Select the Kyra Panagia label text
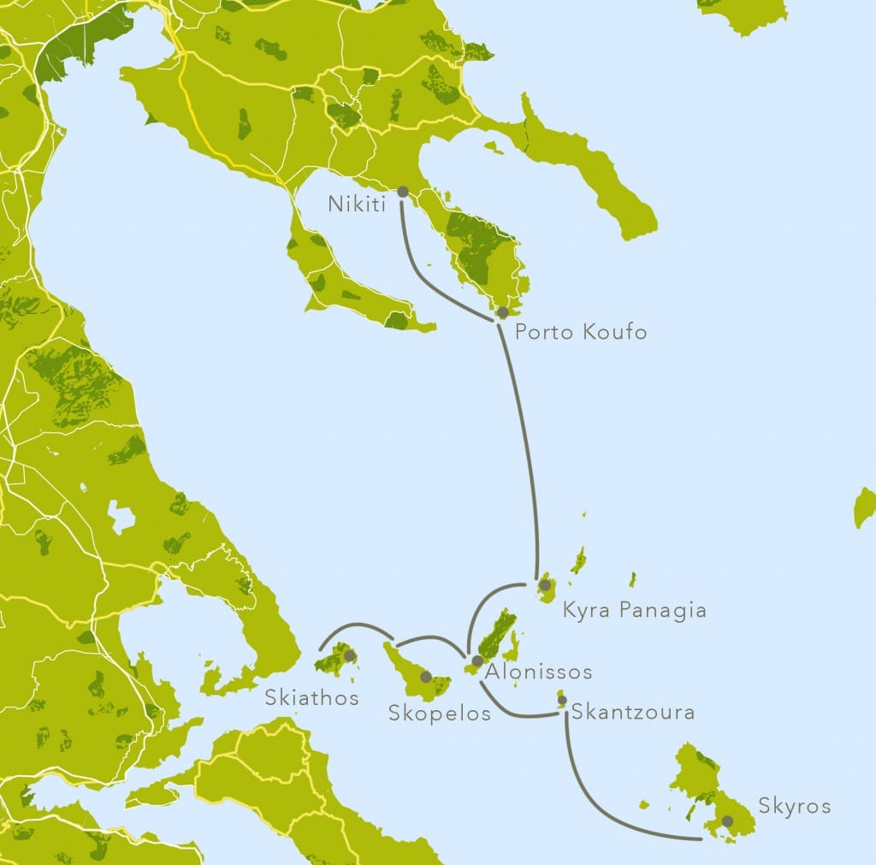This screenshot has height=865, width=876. (634, 610)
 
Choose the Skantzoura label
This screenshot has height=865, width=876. (632, 711)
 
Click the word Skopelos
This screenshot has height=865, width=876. (440, 713)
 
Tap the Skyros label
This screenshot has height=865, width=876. (794, 806)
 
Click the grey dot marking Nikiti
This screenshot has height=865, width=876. (402, 193)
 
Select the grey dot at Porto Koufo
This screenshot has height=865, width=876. (503, 312)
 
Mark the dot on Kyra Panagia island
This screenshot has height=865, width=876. (544, 585)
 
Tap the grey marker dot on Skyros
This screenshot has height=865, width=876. (727, 821)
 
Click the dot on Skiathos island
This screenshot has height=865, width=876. (349, 655)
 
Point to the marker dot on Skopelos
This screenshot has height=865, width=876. (426, 677)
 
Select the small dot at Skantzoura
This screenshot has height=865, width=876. (562, 700)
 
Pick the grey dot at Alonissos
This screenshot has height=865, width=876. (477, 661)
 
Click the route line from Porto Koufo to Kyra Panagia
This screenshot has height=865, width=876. (524, 445)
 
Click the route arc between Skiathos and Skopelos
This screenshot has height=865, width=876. (355, 624)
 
